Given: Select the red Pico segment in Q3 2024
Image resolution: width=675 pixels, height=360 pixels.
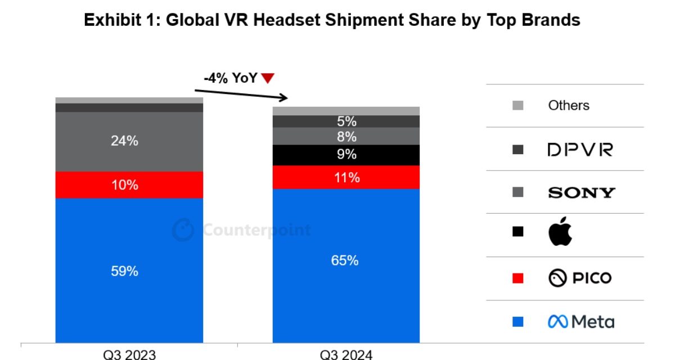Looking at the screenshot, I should coord(346,177).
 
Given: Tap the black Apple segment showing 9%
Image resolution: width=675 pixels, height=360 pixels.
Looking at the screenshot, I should coord(346,155).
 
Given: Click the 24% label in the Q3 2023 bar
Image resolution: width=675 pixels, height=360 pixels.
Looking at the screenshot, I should coord(124,141).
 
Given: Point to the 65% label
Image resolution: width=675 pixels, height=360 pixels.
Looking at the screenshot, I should coord(345,260).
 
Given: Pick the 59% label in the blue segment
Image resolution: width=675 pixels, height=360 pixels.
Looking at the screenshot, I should coord(124,271).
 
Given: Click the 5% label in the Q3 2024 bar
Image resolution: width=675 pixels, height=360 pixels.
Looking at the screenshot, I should coord(347,121).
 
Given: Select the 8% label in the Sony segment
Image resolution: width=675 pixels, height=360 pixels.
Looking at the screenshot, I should coord(347,137).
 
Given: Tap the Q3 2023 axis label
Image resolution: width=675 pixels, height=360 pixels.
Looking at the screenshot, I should coord(129,354).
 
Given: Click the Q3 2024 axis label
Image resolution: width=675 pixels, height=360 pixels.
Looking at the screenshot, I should coord(346,354).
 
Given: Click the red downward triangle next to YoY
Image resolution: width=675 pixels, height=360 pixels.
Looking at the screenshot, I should coord(268,79).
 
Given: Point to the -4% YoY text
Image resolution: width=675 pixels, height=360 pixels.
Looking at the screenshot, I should coord(231,78).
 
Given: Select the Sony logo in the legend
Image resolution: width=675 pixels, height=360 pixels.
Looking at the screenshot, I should coord(581,192).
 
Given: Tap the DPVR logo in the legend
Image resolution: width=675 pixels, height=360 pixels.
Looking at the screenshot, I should coord(579,150).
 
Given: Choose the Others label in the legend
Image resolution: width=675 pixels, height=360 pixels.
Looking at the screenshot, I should coord(569,106).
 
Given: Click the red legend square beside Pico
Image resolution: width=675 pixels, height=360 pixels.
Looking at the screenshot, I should coord(518,278).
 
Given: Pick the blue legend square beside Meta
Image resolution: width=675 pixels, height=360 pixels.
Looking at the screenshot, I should coord(518,322).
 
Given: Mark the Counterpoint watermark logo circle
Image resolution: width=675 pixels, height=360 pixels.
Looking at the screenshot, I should coord(183,230).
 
